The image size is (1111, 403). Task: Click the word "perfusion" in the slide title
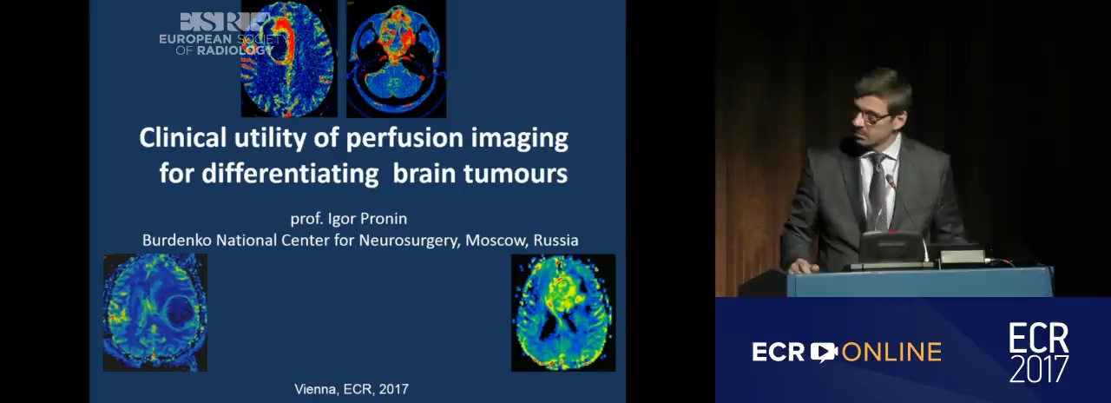[x=404, y=139]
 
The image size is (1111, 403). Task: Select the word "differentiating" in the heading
[x=290, y=175]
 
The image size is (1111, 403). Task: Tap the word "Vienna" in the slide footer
[x=315, y=389]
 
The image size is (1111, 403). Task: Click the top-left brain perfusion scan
[x=289, y=58]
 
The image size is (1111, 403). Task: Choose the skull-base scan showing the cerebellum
[x=397, y=58]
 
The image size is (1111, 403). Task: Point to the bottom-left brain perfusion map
[x=155, y=313]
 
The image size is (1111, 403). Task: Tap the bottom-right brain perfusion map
[x=563, y=313]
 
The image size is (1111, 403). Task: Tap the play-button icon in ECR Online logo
[x=824, y=352]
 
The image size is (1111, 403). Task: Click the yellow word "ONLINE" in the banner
[x=891, y=352]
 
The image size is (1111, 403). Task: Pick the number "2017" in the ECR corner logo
[x=1039, y=368]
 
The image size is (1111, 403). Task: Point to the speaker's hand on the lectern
[x=803, y=267]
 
